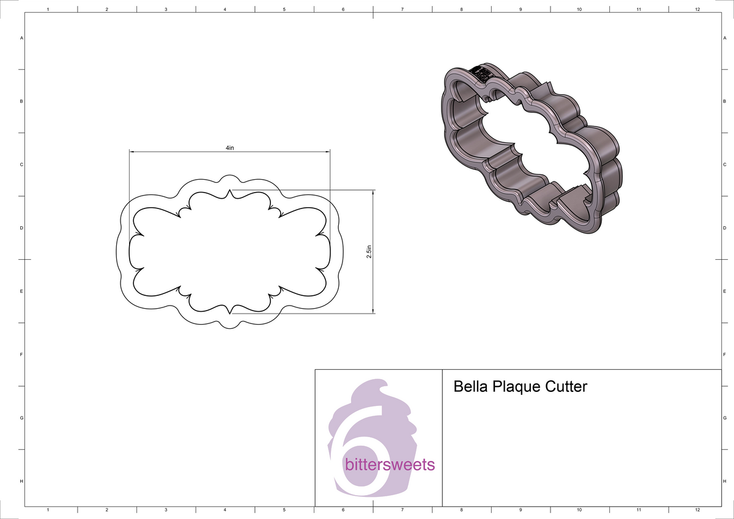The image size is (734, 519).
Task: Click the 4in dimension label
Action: click(x=229, y=149)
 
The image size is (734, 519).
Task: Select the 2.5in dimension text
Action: click(x=369, y=252)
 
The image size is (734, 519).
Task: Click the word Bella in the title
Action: click(x=470, y=387)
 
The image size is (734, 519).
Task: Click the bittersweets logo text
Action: click(x=390, y=465)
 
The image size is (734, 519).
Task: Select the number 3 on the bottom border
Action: click(x=166, y=509)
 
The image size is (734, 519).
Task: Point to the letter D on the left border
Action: click(x=21, y=228)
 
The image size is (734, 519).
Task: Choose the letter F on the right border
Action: click(x=724, y=355)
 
